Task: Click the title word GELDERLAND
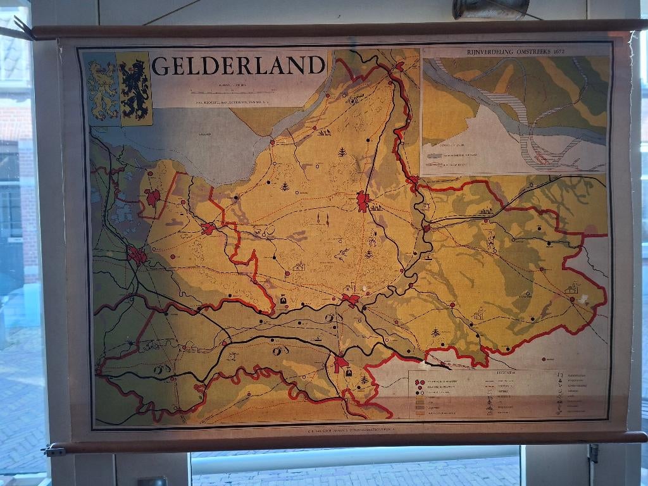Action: click(239, 65)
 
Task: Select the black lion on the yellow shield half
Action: click(135, 89)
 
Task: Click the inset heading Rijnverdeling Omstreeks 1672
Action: click(516, 50)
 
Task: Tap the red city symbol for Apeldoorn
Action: click(363, 201)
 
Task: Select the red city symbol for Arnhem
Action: click(350, 299)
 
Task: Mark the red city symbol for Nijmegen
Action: click(341, 363)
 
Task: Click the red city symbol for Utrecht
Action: click(137, 256)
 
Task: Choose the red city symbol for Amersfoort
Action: click(208, 228)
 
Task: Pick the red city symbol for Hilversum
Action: click(152, 197)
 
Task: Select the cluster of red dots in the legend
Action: click(420, 382)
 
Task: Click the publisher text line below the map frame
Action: click(345, 428)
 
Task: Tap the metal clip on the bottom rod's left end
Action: click(54, 451)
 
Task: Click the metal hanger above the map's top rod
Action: click(490, 8)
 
